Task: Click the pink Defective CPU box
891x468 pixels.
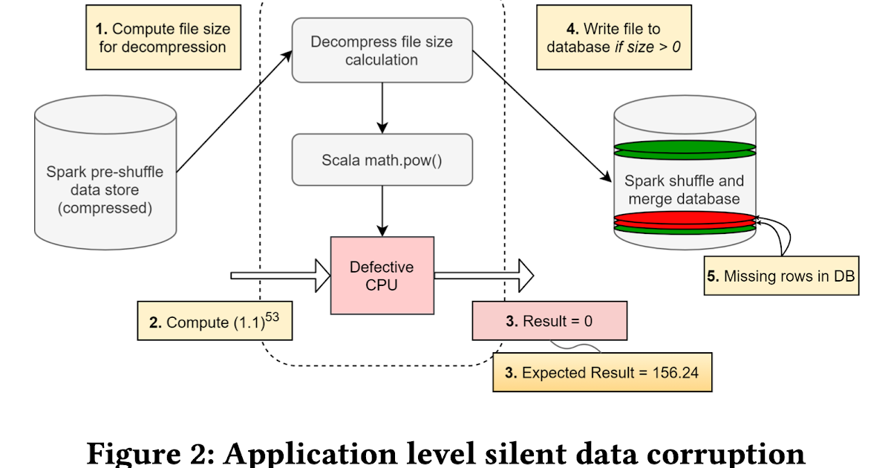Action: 382,276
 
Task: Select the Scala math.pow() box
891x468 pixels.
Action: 382,160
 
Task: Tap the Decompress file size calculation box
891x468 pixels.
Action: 382,51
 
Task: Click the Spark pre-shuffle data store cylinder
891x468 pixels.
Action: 105,178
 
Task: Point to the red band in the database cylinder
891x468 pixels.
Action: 685,219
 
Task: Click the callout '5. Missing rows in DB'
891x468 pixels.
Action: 780,276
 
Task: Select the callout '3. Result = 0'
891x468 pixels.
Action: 549,322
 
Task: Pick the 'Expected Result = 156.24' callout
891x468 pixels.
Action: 601,372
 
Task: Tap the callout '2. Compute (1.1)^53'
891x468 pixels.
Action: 215,320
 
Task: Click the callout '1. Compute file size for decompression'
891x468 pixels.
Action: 163,38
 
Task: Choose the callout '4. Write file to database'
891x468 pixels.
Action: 613,38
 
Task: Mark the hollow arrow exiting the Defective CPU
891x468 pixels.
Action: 483,276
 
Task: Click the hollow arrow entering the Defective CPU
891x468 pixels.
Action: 281,276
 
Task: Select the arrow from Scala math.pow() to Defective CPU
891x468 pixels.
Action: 382,212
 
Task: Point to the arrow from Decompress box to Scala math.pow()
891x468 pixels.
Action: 382,107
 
